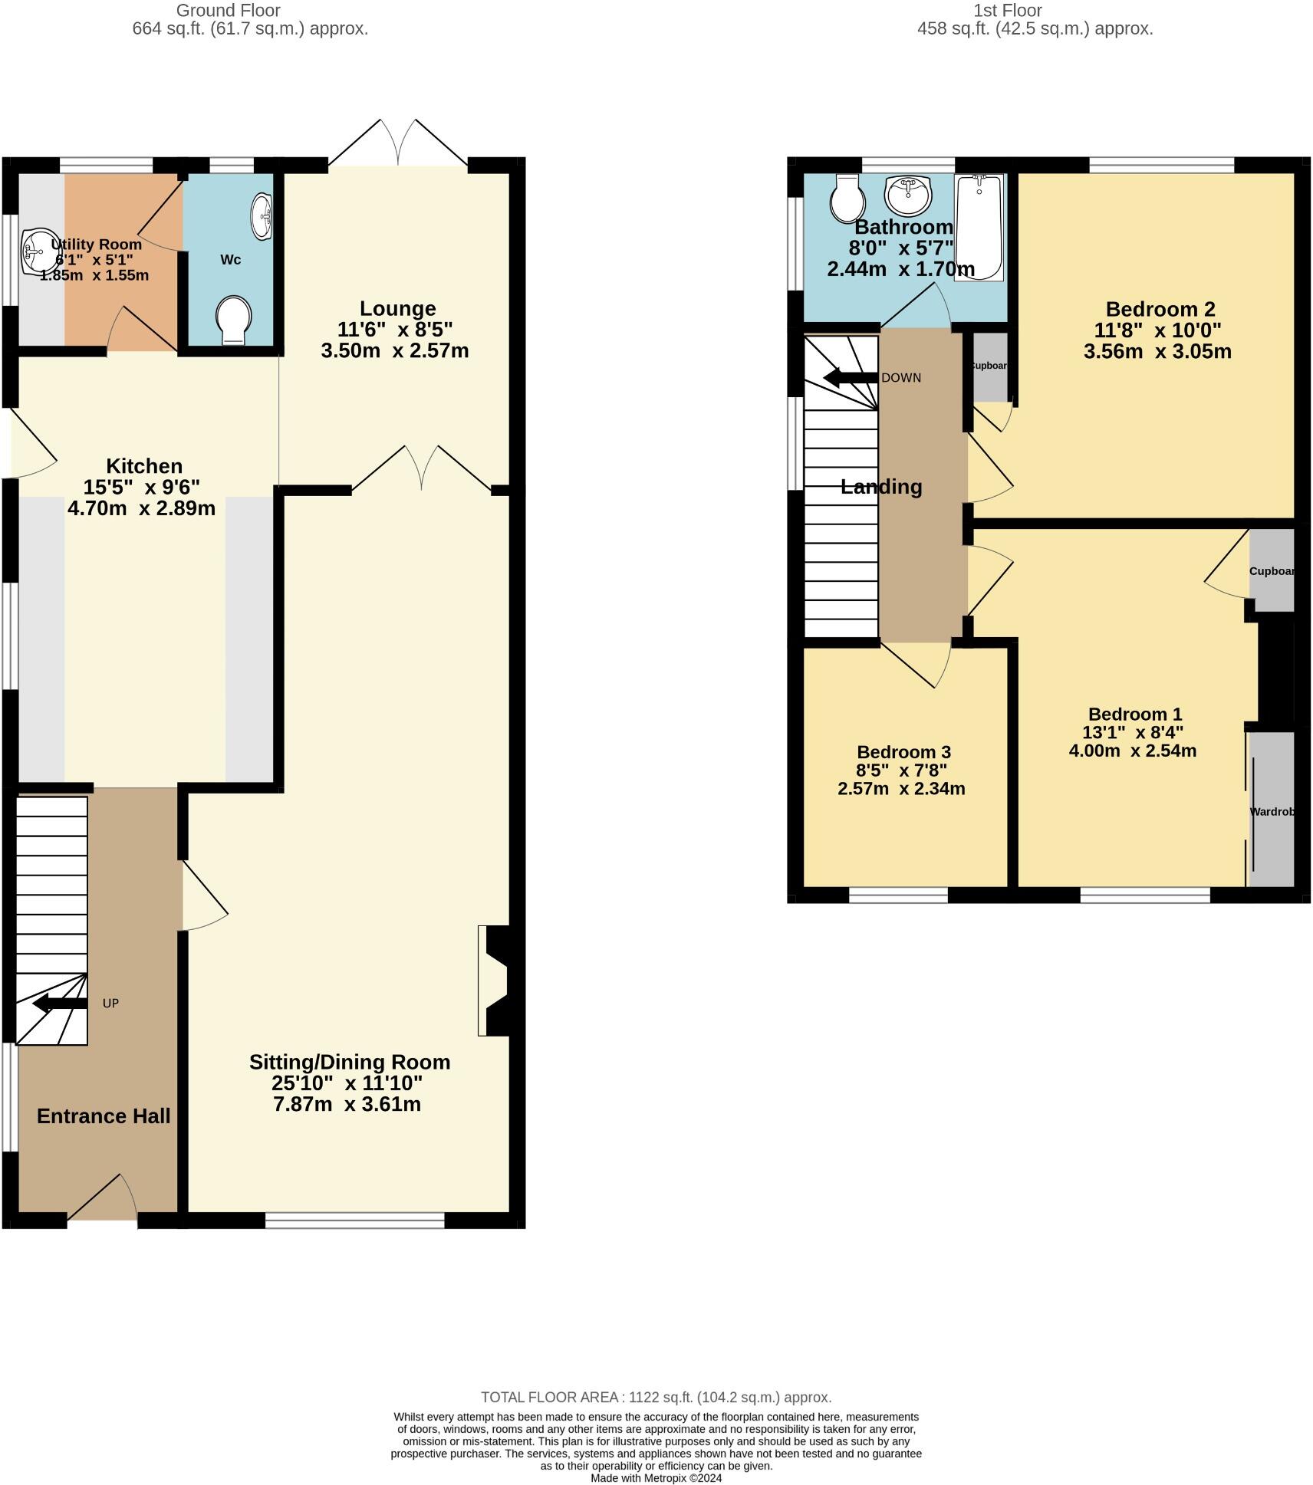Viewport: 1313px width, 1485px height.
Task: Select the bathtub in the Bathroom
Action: click(x=979, y=227)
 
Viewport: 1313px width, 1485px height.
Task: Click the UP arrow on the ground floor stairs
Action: click(x=61, y=1003)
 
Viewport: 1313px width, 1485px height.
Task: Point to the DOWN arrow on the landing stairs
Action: click(x=850, y=377)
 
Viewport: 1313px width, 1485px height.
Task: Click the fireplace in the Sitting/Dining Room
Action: click(x=495, y=981)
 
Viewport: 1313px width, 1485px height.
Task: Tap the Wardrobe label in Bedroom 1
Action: click(x=1272, y=811)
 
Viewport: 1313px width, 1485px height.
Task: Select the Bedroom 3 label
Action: click(x=903, y=752)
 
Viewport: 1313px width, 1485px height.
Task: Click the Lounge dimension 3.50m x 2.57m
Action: click(x=394, y=351)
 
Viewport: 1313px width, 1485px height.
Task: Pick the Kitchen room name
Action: click(x=144, y=466)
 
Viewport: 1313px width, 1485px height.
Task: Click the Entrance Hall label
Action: click(x=104, y=1116)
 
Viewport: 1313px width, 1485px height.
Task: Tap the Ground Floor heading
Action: click(x=228, y=11)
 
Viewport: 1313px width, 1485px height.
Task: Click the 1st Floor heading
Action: click(x=1007, y=11)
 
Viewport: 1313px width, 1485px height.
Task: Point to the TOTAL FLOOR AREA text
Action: click(x=656, y=1398)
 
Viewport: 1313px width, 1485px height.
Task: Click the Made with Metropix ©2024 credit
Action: click(x=656, y=1478)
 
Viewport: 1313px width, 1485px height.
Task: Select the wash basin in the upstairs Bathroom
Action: click(x=908, y=195)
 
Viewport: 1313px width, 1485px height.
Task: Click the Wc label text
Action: click(x=230, y=260)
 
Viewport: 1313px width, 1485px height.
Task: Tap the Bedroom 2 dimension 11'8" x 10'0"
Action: click(x=1157, y=330)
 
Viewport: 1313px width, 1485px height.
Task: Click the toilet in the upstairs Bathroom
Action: click(x=847, y=199)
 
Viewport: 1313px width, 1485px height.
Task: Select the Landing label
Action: click(x=880, y=487)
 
